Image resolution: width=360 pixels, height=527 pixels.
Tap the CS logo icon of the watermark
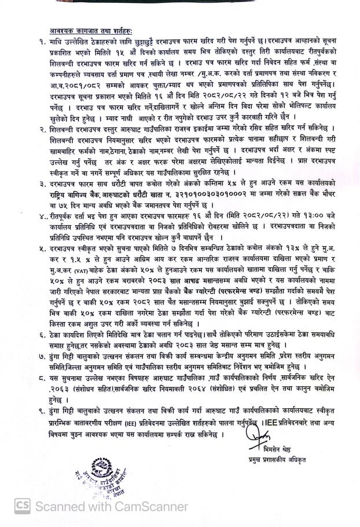(x=23, y=507)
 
